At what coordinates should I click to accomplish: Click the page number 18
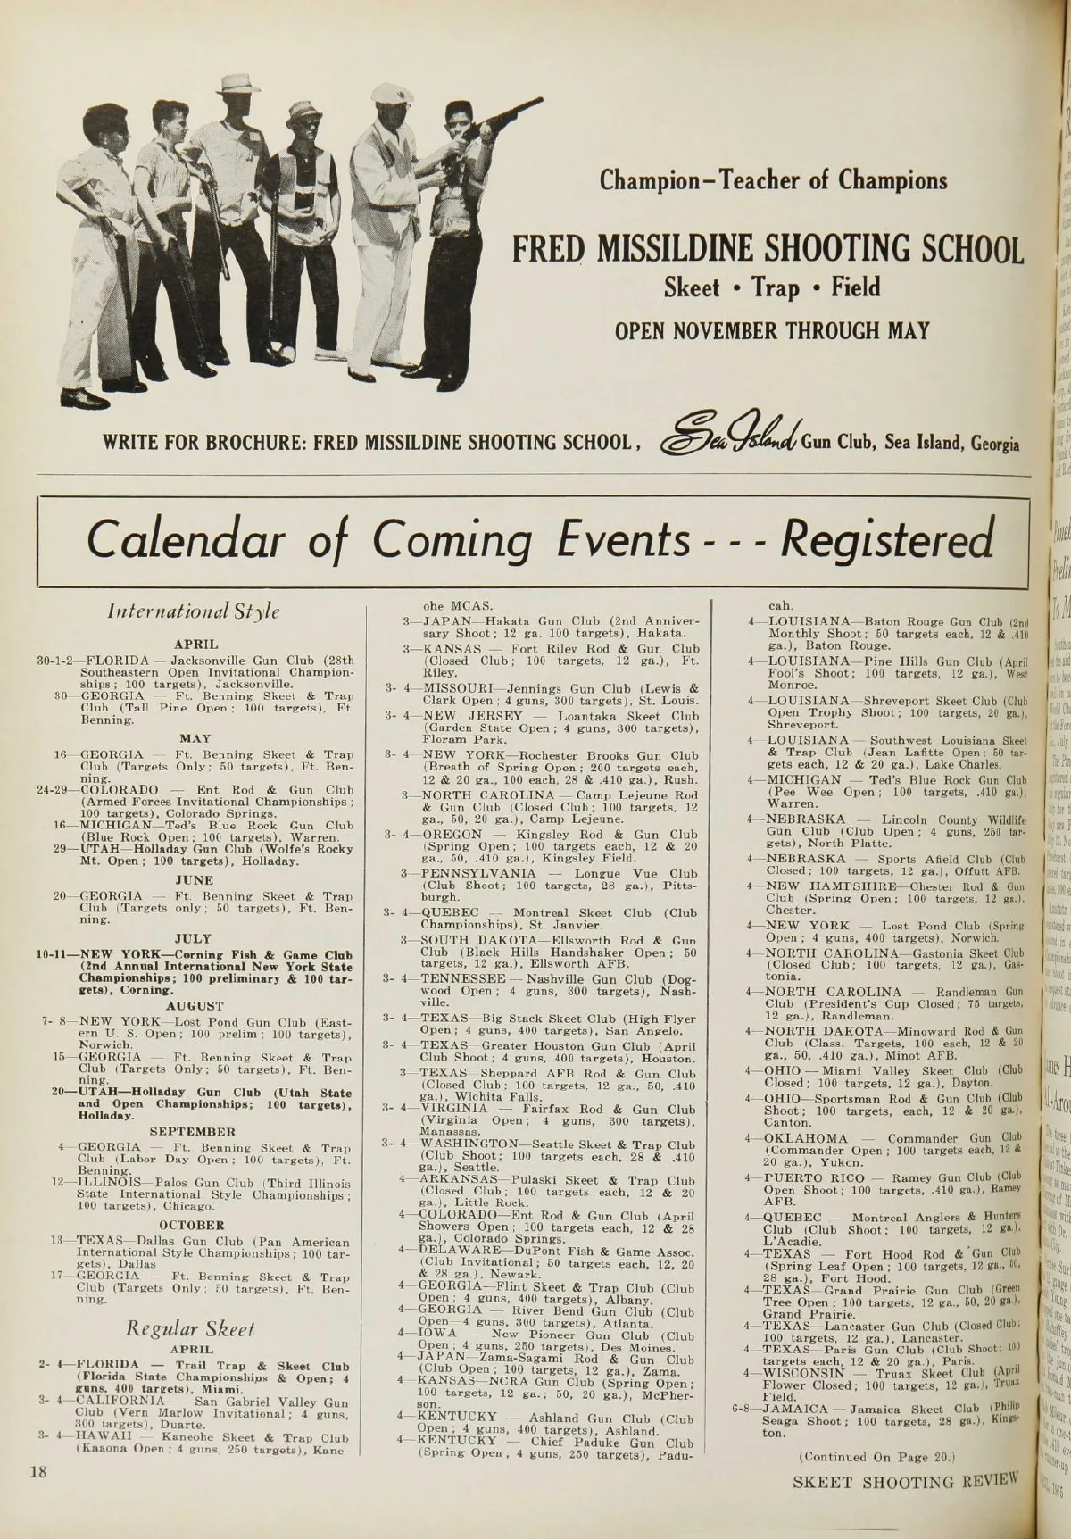[37, 1472]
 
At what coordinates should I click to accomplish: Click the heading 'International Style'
[194, 611]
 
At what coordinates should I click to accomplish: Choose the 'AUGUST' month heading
[194, 1005]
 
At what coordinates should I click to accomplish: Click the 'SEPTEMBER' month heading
[194, 1130]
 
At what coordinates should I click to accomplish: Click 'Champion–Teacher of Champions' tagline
[773, 181]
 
